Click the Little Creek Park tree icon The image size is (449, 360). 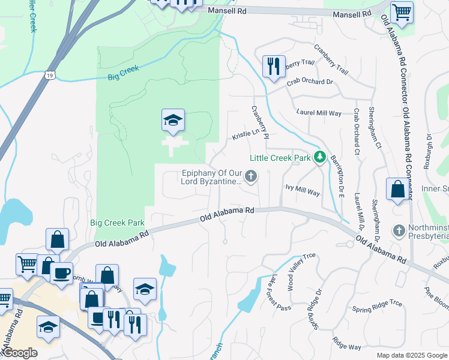click(x=320, y=158)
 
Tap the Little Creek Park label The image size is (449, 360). click(x=280, y=158)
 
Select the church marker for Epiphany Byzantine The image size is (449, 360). click(x=252, y=176)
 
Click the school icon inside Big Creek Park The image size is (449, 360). click(x=172, y=121)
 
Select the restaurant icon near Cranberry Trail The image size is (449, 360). click(x=273, y=65)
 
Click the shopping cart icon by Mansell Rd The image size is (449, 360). click(x=401, y=12)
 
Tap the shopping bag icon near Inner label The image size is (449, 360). click(x=397, y=190)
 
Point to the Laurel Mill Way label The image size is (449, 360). click(x=319, y=112)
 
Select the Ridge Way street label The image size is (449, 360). click(x=346, y=346)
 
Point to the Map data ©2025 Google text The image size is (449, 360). click(x=412, y=355)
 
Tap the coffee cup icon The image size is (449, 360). click(x=61, y=272)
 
